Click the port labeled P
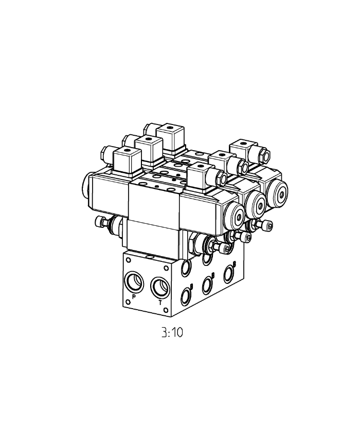(x=135, y=281)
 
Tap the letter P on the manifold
(x=133, y=297)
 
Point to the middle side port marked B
(x=207, y=284)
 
